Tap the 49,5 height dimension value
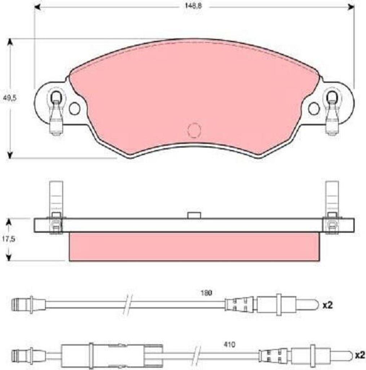[10, 98]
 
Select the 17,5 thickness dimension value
[9, 239]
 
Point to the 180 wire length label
[206, 293]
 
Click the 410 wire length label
[229, 345]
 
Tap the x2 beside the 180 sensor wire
[327, 305]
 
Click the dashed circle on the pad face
[194, 130]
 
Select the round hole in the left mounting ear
[75, 108]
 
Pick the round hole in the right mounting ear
[314, 108]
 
